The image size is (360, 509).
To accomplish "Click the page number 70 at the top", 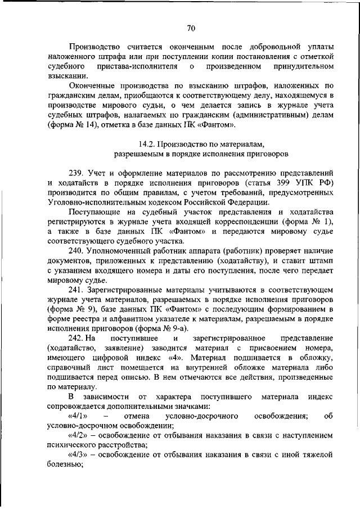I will [x=191, y=28].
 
